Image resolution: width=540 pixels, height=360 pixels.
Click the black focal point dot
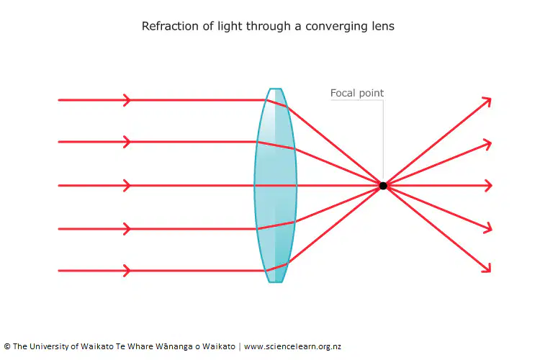pyautogui.click(x=383, y=186)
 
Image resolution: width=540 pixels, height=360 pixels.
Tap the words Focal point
pyautogui.click(x=357, y=93)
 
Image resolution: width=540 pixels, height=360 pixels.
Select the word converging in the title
pyautogui.click(x=332, y=27)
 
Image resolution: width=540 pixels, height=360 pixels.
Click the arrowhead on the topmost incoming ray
pyautogui.click(x=127, y=100)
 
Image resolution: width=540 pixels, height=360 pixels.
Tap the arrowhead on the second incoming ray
pyautogui.click(x=127, y=142)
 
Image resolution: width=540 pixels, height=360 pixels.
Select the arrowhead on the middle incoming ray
pyautogui.click(x=127, y=186)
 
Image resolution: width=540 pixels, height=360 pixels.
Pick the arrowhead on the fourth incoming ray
pyautogui.click(x=127, y=229)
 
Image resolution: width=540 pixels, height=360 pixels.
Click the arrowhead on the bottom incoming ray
pyautogui.click(x=127, y=271)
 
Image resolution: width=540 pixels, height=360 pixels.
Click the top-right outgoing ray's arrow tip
pyautogui.click(x=490, y=99)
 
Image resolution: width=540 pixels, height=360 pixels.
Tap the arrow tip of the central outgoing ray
pyautogui.click(x=492, y=186)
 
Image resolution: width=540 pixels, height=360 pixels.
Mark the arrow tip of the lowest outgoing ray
pyautogui.click(x=490, y=272)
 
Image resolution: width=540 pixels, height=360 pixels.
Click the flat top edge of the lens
pyautogui.click(x=276, y=89)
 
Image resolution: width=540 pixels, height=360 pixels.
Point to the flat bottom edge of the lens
pyautogui.click(x=276, y=282)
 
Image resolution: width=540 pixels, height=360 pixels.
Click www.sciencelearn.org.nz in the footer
pyautogui.click(x=292, y=346)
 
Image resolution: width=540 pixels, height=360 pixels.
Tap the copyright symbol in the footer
pyautogui.click(x=7, y=346)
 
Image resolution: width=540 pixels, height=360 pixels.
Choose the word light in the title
pyautogui.click(x=230, y=27)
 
